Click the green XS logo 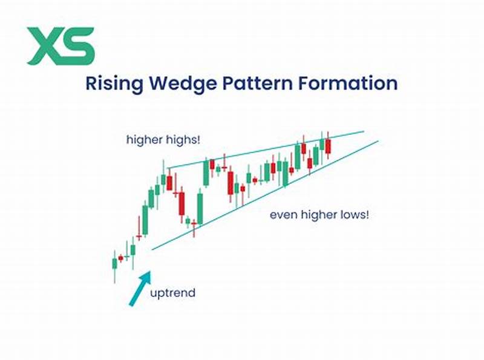61,45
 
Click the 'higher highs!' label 163,140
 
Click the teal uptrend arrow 139,289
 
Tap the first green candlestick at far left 114,263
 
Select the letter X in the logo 44,45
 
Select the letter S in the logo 79,45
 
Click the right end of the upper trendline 363,131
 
